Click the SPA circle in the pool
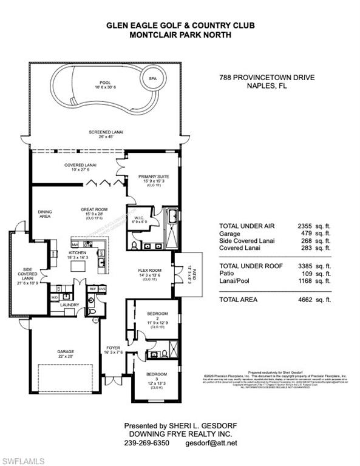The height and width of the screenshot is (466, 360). (x=149, y=78)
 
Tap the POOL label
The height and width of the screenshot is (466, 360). (x=105, y=84)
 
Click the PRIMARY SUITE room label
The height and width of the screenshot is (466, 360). (x=152, y=177)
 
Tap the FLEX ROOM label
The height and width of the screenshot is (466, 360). (x=149, y=270)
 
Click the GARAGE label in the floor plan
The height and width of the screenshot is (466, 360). (x=64, y=350)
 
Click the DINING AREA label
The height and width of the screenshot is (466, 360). (x=45, y=214)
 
